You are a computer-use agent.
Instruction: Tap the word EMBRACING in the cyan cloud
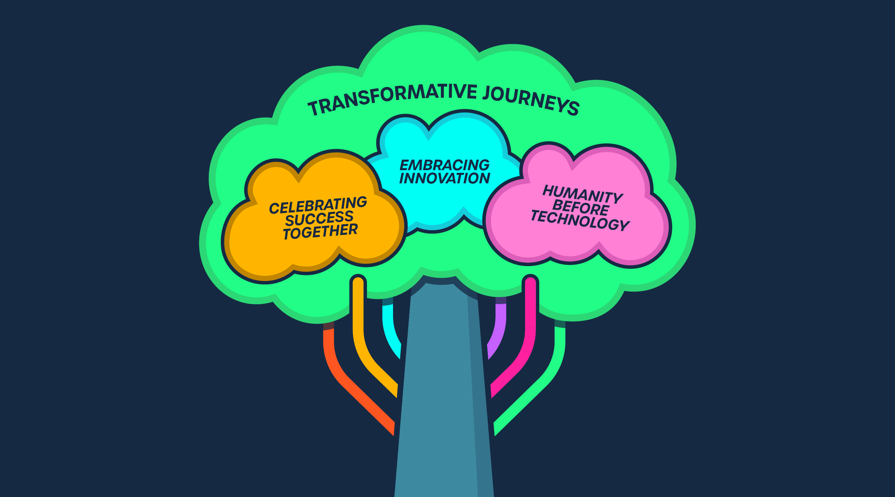pos(445,165)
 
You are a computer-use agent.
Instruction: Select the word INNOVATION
pos(445,178)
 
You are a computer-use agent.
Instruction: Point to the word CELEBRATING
pos(318,205)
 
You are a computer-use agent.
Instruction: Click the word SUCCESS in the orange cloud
pos(319,218)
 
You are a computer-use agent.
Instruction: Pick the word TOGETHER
pos(320,231)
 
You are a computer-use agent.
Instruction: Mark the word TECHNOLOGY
pos(580,220)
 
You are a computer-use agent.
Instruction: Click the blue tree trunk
pos(438,399)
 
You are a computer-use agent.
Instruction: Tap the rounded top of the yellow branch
pos(358,281)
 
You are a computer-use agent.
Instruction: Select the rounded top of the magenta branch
pos(530,281)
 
